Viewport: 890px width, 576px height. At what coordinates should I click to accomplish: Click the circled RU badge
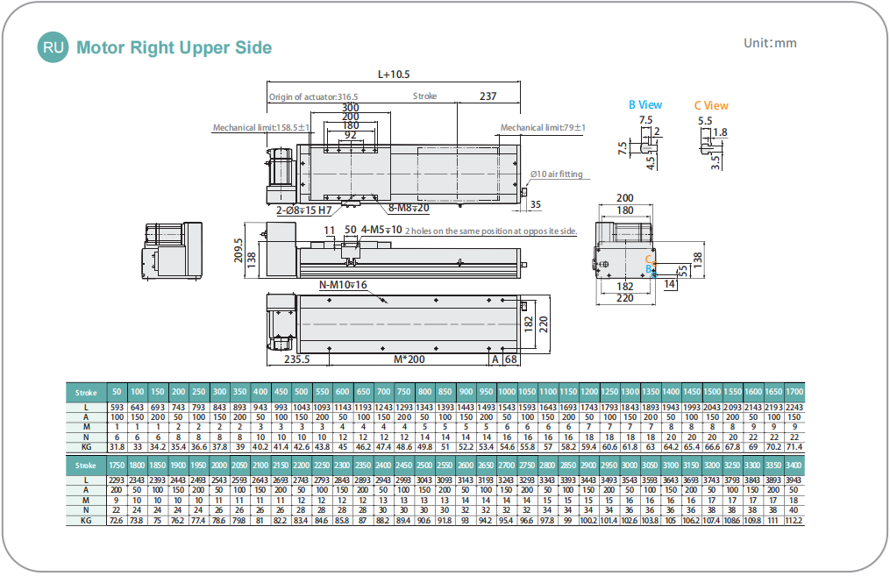point(51,47)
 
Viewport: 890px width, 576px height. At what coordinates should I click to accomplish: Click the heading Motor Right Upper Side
point(174,47)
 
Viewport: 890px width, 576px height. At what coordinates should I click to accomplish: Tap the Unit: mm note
point(770,43)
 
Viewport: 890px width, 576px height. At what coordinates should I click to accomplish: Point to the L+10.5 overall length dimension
point(394,75)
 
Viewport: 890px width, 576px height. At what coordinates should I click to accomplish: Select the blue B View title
point(645,105)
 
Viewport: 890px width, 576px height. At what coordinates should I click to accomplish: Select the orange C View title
point(711,105)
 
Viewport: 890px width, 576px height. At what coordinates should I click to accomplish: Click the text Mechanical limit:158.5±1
point(261,128)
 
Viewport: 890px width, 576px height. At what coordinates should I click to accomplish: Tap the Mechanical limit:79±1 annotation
point(543,128)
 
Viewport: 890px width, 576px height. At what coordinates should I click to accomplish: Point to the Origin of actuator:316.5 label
point(313,97)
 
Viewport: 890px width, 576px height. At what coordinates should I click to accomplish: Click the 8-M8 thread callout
point(409,208)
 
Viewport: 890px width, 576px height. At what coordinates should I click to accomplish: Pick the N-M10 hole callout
point(343,285)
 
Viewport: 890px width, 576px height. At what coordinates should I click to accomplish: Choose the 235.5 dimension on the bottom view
point(297,359)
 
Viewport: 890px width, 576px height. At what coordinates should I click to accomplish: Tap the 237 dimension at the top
point(488,96)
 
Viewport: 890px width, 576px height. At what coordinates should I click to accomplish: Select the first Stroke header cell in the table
point(86,392)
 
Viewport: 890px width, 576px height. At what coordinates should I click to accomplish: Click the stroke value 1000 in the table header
point(506,392)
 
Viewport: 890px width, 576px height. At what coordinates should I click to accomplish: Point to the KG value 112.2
point(794,521)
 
